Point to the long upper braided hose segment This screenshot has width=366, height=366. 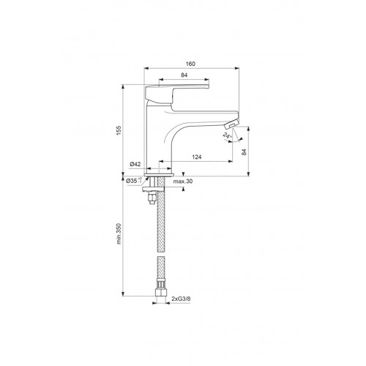[161, 220]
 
